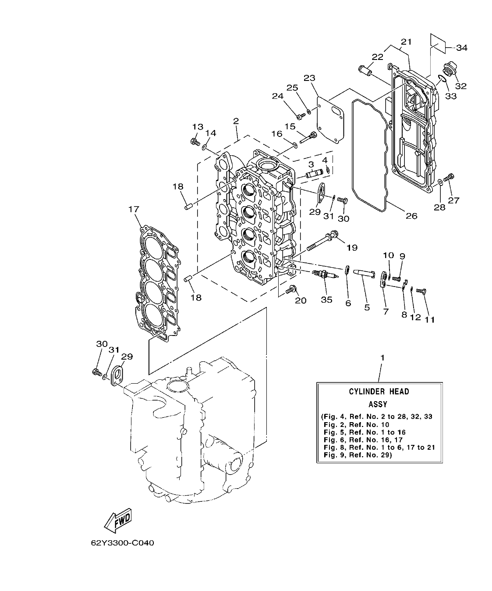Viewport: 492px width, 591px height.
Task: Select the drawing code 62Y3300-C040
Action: [x=123, y=543]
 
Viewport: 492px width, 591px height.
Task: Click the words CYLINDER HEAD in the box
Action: [x=379, y=391]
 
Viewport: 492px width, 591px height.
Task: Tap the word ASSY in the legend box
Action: [x=378, y=404]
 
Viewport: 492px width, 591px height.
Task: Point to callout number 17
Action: [x=133, y=210]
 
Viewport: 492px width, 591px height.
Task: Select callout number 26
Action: [x=411, y=215]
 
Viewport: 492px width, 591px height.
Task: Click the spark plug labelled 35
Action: [x=325, y=276]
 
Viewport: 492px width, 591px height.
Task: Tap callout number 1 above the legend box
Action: [x=382, y=357]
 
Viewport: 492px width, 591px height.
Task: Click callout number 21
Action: [x=406, y=42]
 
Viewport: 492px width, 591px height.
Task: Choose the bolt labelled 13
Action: [x=195, y=141]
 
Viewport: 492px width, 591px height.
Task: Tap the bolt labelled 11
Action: [x=421, y=291]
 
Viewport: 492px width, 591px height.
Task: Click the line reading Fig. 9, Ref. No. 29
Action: [x=357, y=455]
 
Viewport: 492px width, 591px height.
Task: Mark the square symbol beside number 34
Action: [x=437, y=44]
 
